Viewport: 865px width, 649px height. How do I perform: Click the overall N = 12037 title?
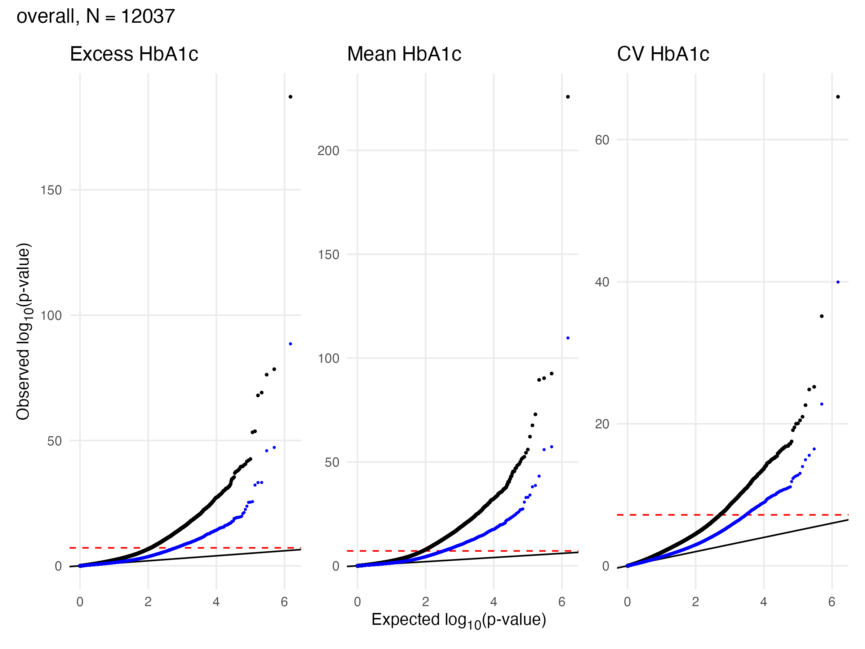pos(96,17)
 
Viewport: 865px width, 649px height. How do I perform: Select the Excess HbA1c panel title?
pos(134,54)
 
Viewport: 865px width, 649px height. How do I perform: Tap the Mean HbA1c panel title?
pos(404,54)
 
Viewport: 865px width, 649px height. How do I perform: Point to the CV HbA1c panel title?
pos(663,54)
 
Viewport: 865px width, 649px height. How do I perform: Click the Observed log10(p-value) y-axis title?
pos(23,332)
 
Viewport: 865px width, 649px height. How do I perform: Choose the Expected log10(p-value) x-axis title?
pos(458,620)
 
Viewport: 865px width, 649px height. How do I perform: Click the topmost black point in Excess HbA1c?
pos(290,97)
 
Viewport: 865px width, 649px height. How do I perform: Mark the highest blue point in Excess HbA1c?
pos(290,344)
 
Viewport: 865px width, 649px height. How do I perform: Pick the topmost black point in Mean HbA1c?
pos(568,97)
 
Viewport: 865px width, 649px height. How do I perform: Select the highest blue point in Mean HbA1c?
pos(568,338)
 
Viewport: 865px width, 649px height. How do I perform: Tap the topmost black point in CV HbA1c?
pos(838,97)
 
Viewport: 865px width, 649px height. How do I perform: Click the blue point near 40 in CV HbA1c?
pos(838,282)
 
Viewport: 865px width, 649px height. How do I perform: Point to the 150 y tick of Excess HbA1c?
pos(51,190)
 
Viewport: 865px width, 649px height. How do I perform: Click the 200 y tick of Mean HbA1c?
pos(328,151)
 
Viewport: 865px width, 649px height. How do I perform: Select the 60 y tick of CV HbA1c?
pos(602,140)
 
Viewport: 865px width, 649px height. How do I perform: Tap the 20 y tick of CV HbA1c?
pos(602,424)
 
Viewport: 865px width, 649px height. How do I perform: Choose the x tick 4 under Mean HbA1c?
pos(493,602)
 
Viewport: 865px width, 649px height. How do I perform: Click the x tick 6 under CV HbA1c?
pos(832,602)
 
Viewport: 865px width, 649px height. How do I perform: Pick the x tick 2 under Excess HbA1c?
pos(148,602)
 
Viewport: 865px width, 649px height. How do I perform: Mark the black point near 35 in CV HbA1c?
pos(822,316)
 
